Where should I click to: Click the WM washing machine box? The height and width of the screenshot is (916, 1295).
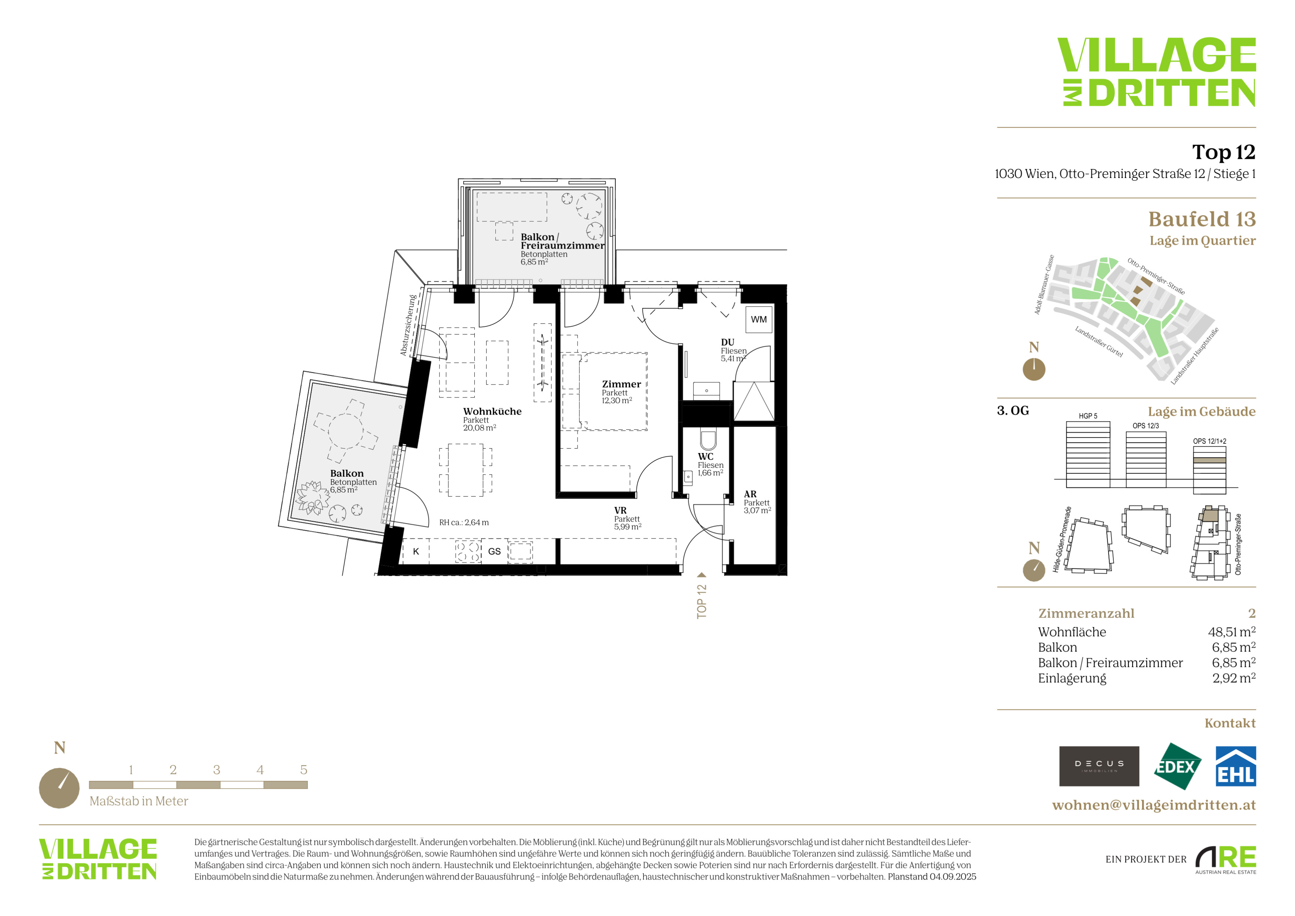(758, 319)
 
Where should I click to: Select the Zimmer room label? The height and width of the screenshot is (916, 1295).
(621, 384)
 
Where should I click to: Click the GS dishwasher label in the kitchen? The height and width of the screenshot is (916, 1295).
(494, 551)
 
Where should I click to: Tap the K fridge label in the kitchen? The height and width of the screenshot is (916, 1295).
(416, 551)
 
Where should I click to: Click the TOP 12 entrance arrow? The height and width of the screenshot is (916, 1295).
(702, 575)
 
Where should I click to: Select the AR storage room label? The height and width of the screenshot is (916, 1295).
(750, 494)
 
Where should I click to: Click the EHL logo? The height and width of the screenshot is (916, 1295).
(1235, 766)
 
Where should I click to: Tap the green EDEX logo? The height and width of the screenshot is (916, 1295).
(1177, 766)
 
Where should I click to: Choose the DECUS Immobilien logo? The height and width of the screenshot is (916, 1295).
(1099, 766)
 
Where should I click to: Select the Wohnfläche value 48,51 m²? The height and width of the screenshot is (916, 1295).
(1231, 632)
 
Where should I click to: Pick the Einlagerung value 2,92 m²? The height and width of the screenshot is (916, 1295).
(1234, 678)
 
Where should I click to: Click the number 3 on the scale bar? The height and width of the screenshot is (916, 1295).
(216, 770)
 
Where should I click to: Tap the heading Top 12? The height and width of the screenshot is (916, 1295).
(1223, 152)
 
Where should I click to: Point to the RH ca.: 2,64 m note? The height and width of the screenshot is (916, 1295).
(464, 522)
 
